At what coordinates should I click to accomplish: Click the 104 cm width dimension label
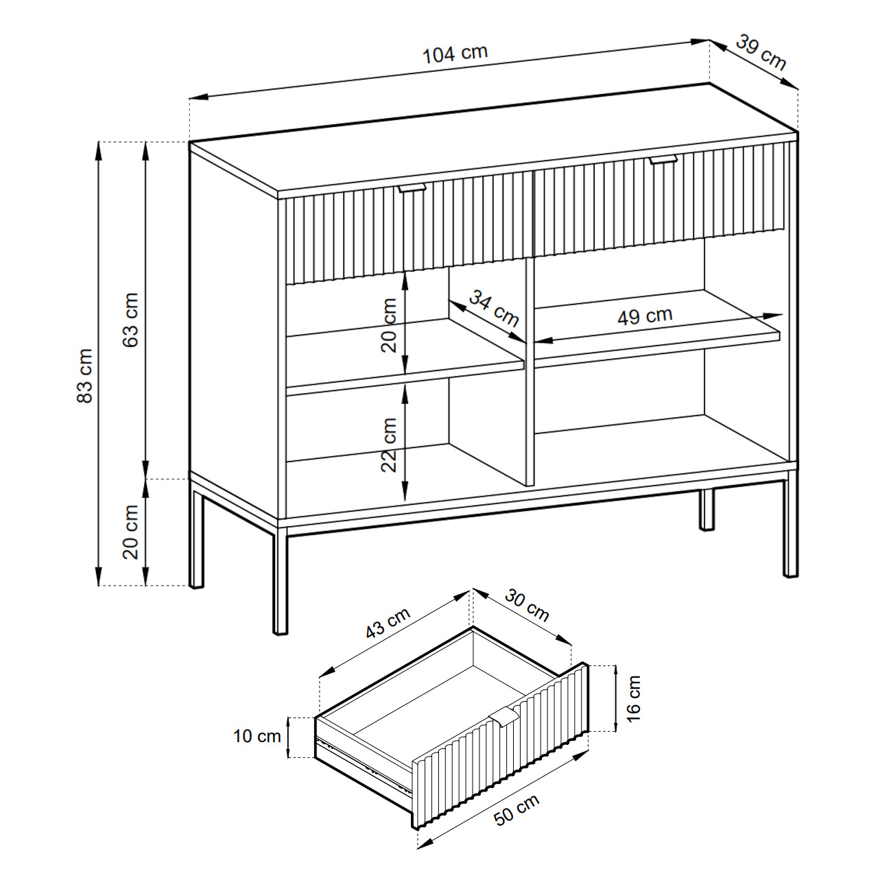(455, 54)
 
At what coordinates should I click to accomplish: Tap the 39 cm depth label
(761, 53)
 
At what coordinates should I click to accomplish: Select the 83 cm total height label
(85, 376)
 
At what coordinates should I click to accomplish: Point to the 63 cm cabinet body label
(130, 320)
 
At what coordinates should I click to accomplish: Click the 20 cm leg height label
(130, 532)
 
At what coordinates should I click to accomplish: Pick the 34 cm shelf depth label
(494, 308)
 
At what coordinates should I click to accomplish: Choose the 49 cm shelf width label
(645, 316)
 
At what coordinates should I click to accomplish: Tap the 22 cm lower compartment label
(389, 445)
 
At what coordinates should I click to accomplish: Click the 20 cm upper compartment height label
(389, 325)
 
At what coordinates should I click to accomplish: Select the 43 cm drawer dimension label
(388, 623)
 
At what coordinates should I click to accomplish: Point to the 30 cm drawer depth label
(527, 606)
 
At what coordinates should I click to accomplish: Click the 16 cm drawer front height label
(633, 699)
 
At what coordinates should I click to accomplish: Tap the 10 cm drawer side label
(257, 736)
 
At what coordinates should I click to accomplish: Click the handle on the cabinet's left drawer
(412, 188)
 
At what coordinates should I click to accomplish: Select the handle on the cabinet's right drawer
(663, 159)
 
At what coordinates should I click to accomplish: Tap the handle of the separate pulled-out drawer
(505, 716)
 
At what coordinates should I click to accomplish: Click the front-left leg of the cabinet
(281, 581)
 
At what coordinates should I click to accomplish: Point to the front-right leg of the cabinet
(790, 529)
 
